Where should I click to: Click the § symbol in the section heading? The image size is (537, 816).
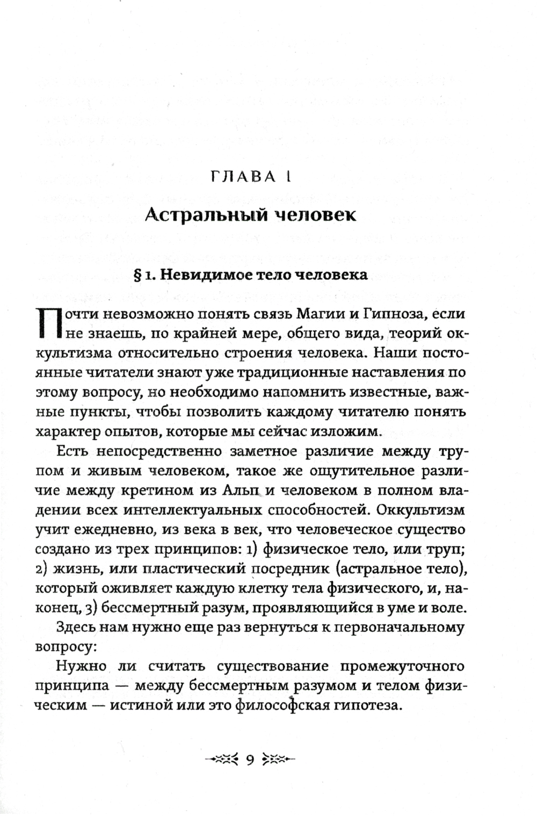136,275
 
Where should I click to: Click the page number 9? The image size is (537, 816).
250,760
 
